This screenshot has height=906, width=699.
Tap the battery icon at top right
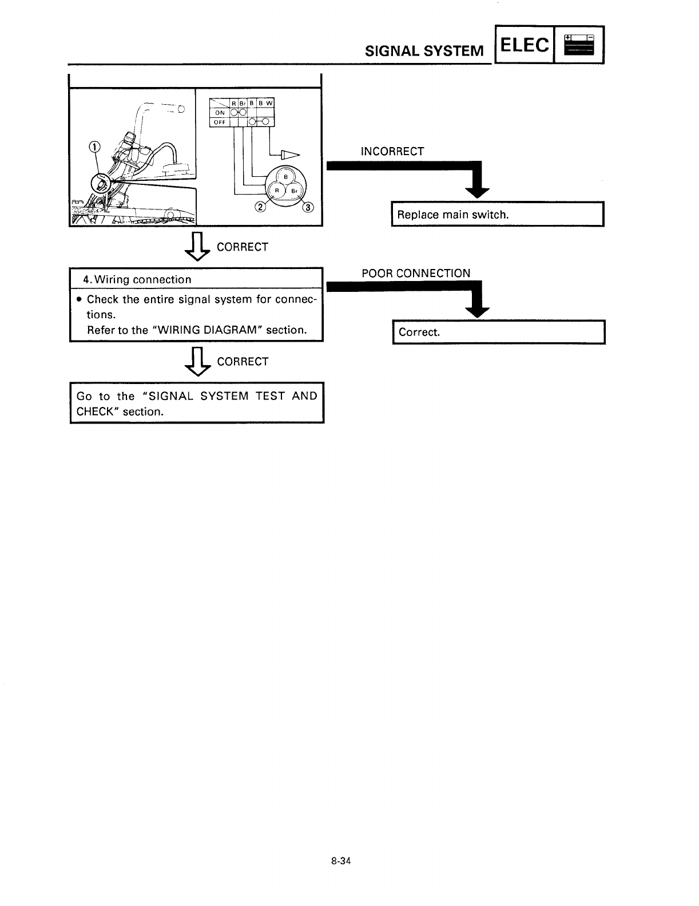(x=579, y=45)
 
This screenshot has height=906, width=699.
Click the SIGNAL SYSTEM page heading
(x=424, y=51)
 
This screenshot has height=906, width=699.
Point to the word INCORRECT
(x=392, y=152)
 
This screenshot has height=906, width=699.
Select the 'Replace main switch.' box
(x=497, y=215)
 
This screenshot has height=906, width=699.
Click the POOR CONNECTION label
(x=415, y=273)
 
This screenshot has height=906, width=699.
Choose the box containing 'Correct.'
(x=498, y=332)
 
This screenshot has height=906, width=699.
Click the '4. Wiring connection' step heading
(x=137, y=279)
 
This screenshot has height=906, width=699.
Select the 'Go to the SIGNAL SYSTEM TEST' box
(x=197, y=403)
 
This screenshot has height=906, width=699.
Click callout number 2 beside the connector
(x=260, y=207)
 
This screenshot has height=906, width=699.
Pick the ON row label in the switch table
(x=220, y=113)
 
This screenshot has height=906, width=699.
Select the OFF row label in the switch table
(x=220, y=121)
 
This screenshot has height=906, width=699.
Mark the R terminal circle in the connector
(x=277, y=190)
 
